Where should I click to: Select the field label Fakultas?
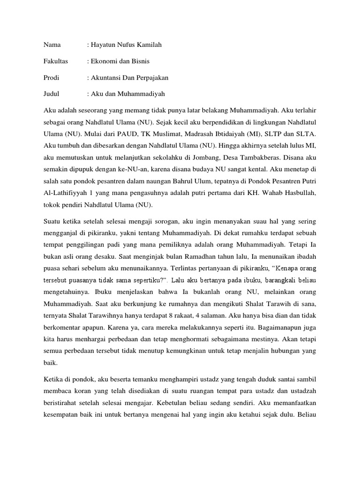tap(56, 61)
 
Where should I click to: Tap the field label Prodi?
tap(52, 77)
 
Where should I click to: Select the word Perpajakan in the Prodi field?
tap(150, 77)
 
